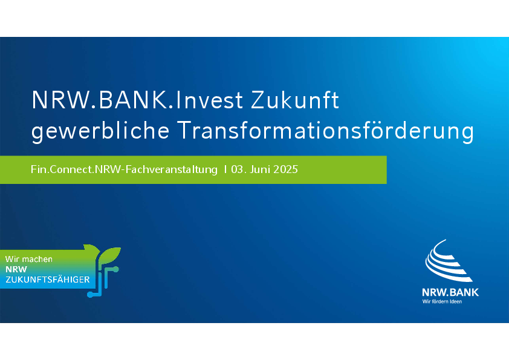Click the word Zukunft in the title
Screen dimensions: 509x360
[295, 100]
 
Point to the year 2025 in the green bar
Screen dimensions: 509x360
[286, 169]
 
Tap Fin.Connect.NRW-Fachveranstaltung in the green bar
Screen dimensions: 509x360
[124, 169]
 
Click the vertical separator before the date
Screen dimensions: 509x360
[225, 169]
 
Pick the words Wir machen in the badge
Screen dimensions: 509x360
[29, 259]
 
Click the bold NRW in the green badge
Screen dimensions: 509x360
[16, 269]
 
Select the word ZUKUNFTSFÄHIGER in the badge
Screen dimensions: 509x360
[47, 280]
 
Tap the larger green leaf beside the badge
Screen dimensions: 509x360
[109, 255]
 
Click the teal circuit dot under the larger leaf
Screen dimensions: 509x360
[115, 269]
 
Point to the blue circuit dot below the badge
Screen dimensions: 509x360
[90, 295]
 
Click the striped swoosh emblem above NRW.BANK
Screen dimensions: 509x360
[448, 261]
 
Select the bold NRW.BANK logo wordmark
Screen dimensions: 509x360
[450, 292]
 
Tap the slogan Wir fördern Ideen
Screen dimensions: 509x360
[442, 301]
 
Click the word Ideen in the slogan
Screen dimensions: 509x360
[455, 301]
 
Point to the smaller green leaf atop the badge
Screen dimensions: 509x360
[92, 249]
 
